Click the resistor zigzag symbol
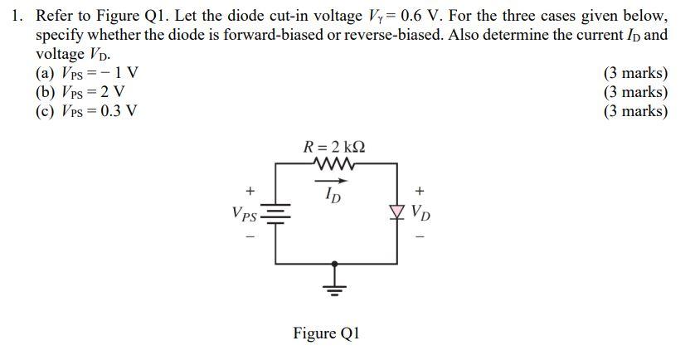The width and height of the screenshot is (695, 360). [x=334, y=164]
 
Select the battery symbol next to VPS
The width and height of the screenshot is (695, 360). [x=276, y=215]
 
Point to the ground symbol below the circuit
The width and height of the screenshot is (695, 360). [x=334, y=289]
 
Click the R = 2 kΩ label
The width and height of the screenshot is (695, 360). [x=334, y=147]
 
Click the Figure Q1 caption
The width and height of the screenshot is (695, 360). [x=326, y=333]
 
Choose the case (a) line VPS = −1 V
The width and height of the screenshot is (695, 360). [x=86, y=73]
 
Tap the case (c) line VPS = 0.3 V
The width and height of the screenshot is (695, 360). [x=86, y=110]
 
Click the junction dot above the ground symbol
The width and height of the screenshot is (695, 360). [x=334, y=264]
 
